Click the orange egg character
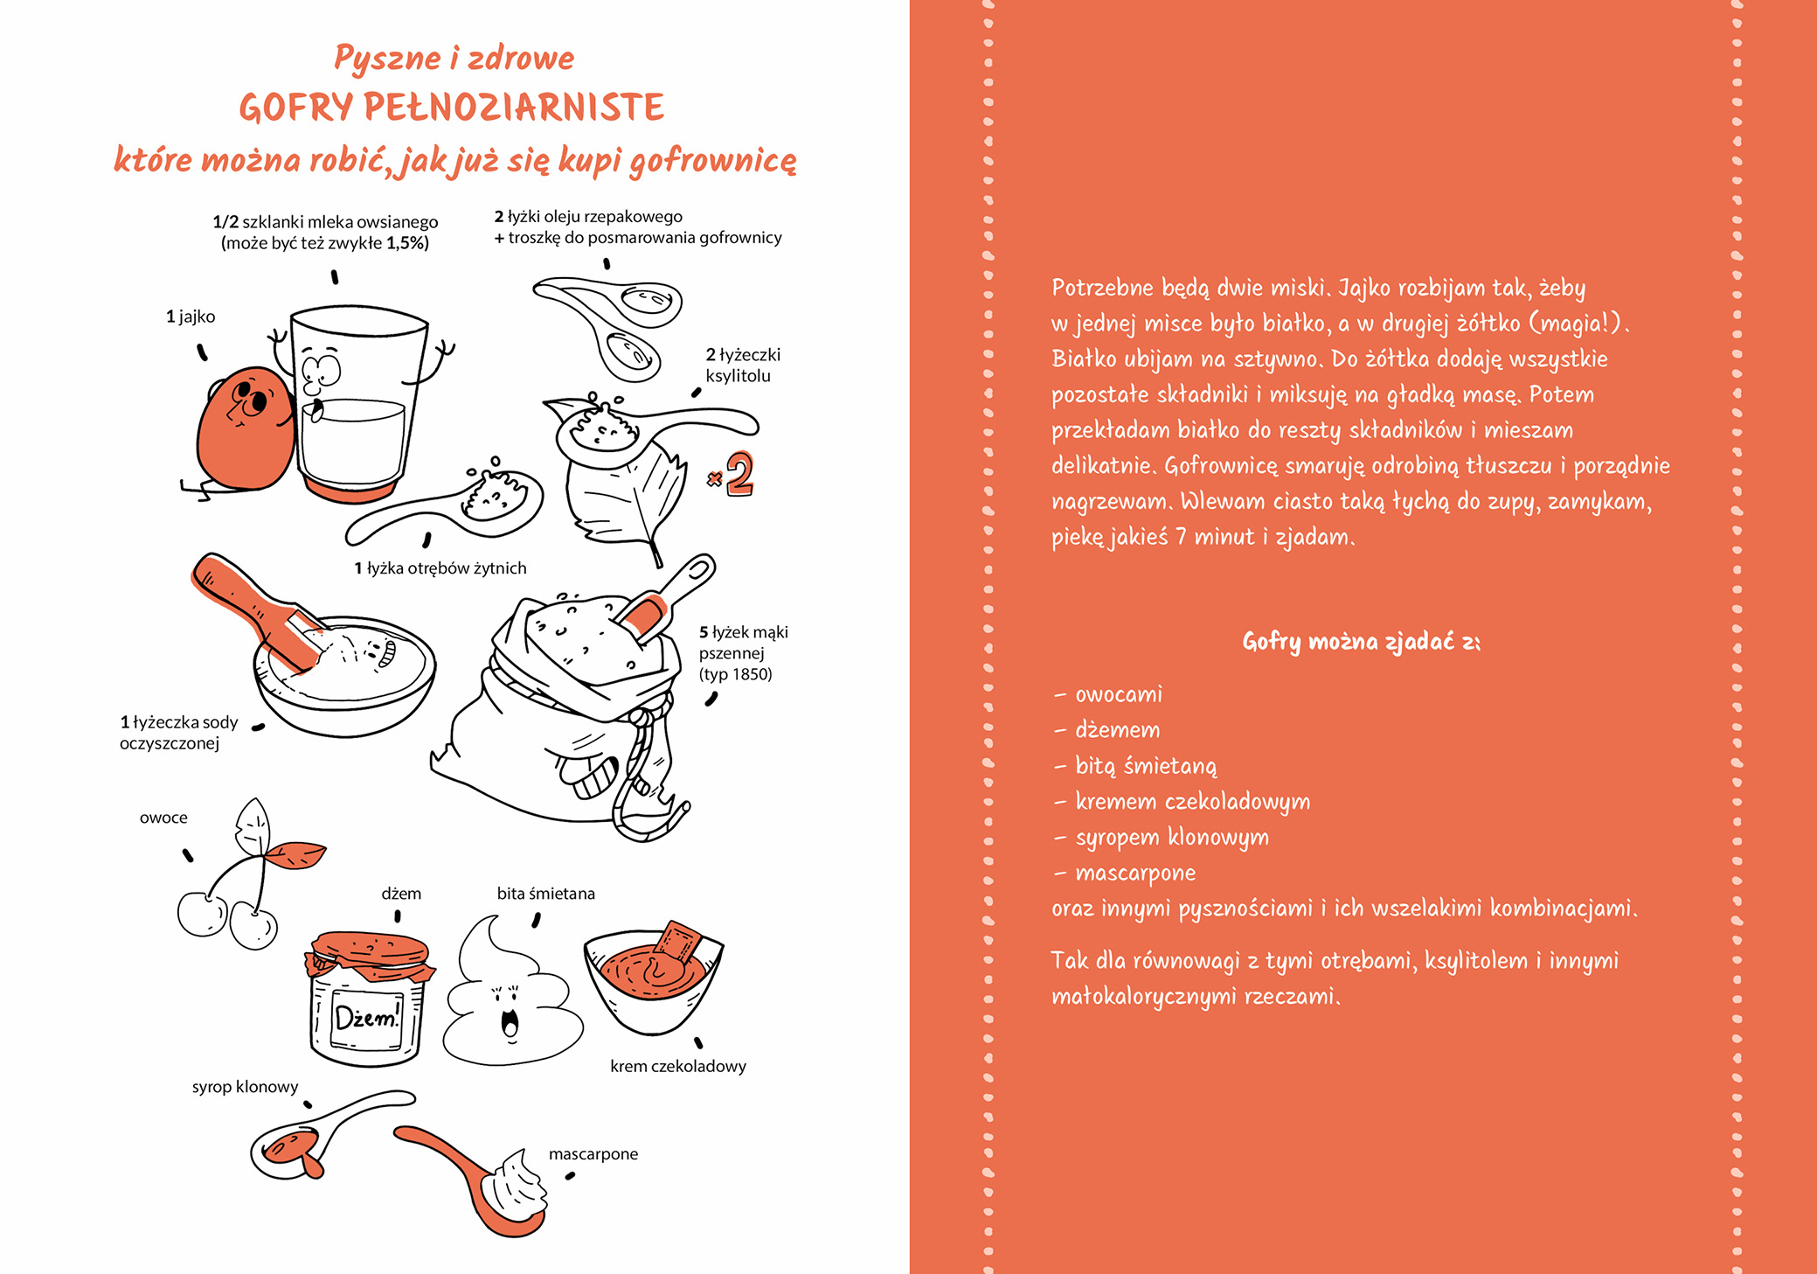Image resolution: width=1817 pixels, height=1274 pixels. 243,428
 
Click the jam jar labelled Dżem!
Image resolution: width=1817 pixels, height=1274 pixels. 368,1001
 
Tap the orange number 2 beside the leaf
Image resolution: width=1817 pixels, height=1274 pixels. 739,474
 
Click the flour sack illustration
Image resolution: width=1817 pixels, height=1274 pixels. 568,708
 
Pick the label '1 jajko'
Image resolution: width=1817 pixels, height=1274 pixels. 191,317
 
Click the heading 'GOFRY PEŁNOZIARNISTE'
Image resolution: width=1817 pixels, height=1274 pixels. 452,108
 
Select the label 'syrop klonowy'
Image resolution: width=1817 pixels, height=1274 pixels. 245,1087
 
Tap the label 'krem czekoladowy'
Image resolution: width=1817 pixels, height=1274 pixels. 678,1066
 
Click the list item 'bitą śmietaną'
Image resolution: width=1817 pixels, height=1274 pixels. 1145,766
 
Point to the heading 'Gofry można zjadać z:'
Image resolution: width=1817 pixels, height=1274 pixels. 1361,642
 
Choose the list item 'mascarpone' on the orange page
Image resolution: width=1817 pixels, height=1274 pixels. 1135,873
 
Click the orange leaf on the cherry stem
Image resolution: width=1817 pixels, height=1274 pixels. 297,853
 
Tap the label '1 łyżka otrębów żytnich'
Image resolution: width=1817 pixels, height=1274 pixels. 440,568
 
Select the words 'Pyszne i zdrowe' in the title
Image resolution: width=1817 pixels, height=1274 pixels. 454,58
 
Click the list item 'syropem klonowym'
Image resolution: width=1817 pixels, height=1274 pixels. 1171,837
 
